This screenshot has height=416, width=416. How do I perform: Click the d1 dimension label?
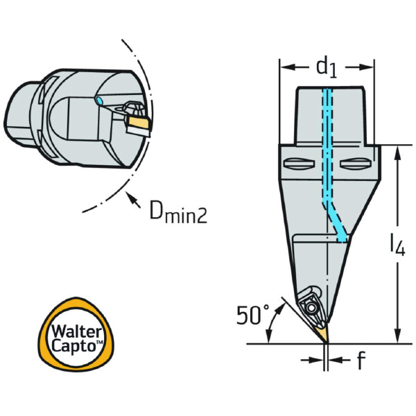[326, 67]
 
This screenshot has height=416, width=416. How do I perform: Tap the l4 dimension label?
[396, 245]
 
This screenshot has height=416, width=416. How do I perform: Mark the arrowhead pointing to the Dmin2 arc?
[130, 198]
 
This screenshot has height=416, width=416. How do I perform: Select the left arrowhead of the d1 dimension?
[284, 67]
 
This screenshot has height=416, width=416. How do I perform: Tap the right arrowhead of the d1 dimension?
[370, 67]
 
